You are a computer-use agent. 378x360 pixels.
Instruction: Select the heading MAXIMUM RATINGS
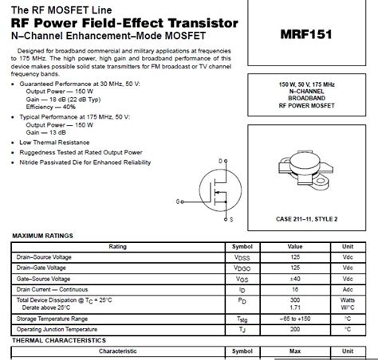(x=42, y=236)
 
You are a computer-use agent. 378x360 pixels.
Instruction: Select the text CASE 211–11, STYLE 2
(x=307, y=217)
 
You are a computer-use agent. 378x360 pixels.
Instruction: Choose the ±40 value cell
(x=294, y=279)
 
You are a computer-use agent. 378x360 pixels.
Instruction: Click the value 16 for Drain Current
(x=294, y=289)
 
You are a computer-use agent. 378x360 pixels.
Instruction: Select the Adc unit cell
(x=348, y=289)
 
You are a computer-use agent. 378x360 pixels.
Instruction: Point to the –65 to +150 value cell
(x=294, y=318)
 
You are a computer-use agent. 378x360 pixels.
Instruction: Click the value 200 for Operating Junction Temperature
(x=294, y=328)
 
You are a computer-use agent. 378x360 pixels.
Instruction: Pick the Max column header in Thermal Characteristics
(x=294, y=350)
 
